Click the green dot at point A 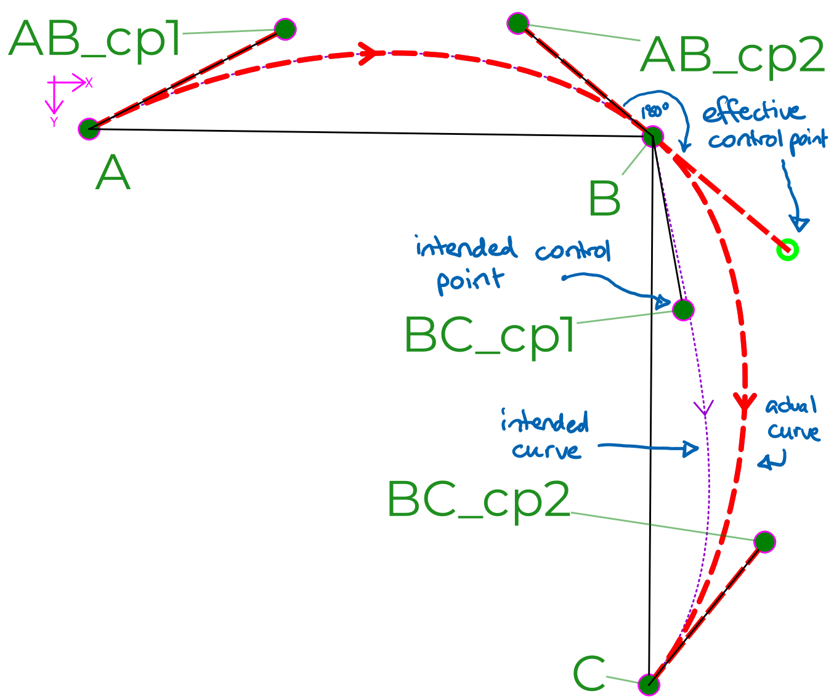[x=89, y=129]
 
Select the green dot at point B [x=653, y=136]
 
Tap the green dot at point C [x=649, y=684]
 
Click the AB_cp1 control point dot [x=285, y=29]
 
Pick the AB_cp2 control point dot [x=518, y=23]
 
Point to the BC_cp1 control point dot [x=683, y=309]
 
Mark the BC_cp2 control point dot [x=764, y=542]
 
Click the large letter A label [x=113, y=173]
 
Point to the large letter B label [x=604, y=198]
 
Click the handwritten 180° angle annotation [x=654, y=111]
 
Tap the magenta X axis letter [x=89, y=83]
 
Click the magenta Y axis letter [x=54, y=122]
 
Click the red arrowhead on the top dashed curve [x=370, y=52]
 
